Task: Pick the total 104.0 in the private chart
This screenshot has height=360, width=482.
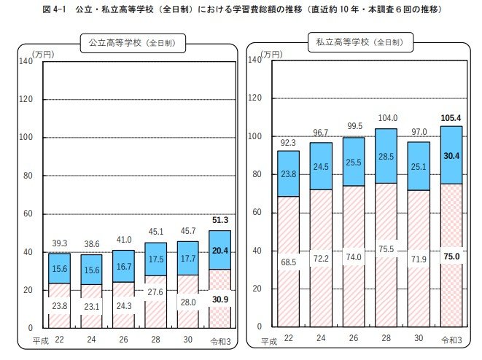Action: click(x=386, y=118)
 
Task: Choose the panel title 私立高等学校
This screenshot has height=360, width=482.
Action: click(x=357, y=43)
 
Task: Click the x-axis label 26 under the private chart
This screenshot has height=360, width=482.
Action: click(x=354, y=338)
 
